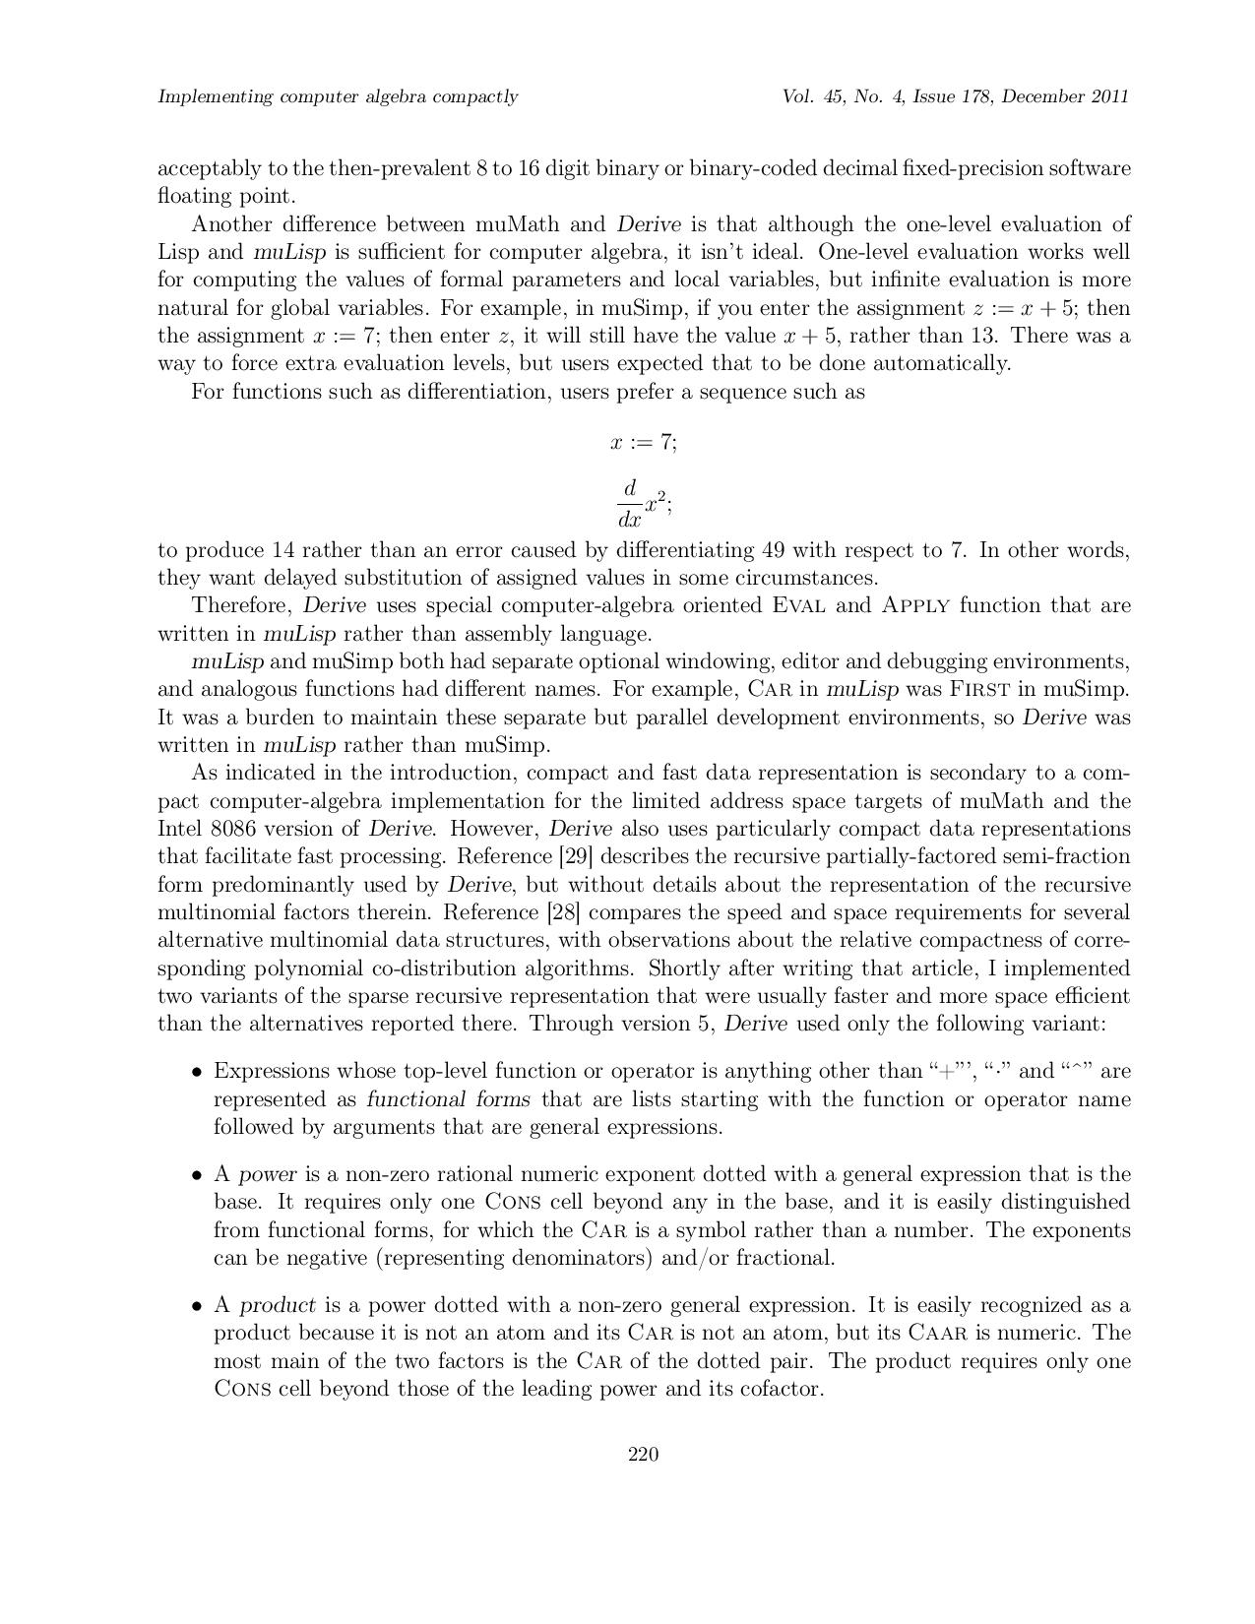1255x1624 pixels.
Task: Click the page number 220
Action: [x=643, y=1455]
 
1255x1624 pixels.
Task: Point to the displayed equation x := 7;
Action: [x=644, y=443]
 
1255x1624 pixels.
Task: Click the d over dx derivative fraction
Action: [x=630, y=503]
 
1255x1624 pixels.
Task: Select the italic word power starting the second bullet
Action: [x=268, y=1174]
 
